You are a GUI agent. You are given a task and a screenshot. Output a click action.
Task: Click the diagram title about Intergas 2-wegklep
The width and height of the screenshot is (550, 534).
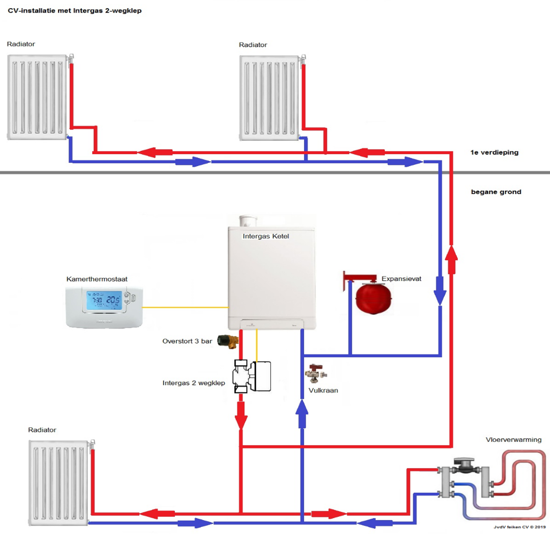coord(74,11)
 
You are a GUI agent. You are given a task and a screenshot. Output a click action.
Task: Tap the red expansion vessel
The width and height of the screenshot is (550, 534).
coord(373,298)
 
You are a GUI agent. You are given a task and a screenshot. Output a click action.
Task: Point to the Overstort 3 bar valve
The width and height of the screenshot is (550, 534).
coord(228,341)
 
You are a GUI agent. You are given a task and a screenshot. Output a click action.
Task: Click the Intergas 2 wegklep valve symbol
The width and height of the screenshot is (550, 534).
coord(251,376)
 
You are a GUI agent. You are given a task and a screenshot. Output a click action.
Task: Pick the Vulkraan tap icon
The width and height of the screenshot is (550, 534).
coord(316,373)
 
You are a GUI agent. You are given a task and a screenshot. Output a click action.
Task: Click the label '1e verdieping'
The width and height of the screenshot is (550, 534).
coord(494,152)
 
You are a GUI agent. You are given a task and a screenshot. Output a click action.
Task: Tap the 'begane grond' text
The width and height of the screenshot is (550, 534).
coord(496,192)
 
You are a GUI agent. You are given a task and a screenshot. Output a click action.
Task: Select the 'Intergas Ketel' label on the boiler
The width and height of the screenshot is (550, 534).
coord(266,236)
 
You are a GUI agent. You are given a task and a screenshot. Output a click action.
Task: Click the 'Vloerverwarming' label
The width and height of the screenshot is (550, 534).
coord(513,439)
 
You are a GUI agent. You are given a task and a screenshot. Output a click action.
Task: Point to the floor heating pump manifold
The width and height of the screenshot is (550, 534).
coord(464,478)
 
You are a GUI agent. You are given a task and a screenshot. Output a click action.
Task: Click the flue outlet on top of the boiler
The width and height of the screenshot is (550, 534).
coord(248,221)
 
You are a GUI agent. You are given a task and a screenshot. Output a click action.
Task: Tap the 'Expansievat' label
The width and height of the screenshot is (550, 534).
coord(401,279)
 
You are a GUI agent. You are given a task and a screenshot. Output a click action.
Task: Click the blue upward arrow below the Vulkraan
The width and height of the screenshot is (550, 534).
coord(302,414)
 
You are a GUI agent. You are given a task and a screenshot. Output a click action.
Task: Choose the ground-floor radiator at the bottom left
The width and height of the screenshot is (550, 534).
coord(59,482)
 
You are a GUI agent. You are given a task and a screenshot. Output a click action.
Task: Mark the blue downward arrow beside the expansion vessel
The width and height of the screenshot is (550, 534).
coord(440,290)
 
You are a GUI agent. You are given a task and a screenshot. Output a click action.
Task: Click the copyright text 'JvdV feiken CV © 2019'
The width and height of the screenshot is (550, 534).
coord(520,527)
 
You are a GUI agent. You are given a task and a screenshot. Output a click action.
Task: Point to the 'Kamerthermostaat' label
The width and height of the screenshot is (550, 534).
coord(97,279)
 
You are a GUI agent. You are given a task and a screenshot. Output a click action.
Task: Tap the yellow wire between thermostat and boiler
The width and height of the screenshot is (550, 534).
coord(185,307)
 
